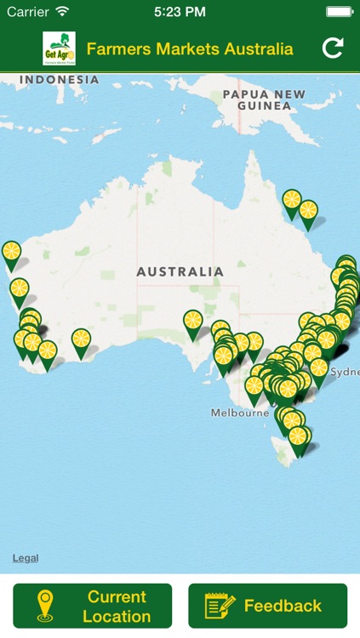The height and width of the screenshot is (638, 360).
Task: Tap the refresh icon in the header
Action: click(x=333, y=48)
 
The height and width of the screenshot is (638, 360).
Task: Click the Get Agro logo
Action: click(x=59, y=48)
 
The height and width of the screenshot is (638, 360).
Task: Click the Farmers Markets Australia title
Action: click(x=190, y=49)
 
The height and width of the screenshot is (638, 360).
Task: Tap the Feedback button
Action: click(x=267, y=606)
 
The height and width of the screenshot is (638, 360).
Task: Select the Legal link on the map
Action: click(x=26, y=558)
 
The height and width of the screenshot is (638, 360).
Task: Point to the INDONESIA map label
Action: click(x=60, y=80)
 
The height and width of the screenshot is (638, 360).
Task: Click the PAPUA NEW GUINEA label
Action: click(x=263, y=100)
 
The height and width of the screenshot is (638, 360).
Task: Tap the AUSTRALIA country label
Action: click(x=180, y=272)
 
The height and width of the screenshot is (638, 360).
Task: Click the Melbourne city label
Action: click(x=240, y=413)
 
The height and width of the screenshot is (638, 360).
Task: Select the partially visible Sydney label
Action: click(x=345, y=372)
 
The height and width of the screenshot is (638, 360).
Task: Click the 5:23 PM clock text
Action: click(x=180, y=12)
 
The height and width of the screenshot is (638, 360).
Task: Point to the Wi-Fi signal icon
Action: click(x=62, y=12)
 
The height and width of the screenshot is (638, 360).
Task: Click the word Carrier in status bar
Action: click(x=28, y=12)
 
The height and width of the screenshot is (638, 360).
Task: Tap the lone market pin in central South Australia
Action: click(x=193, y=322)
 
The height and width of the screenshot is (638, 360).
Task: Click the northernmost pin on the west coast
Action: click(x=11, y=253)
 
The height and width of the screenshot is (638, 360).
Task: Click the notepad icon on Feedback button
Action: click(x=220, y=606)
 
